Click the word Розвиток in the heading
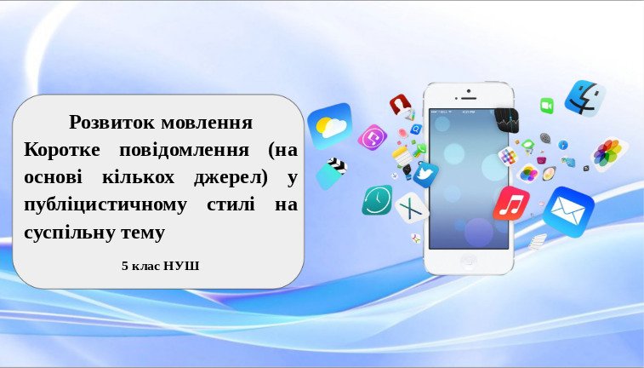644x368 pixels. coord(112,122)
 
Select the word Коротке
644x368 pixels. coord(62,150)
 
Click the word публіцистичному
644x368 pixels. coord(105,205)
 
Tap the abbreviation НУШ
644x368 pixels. coord(181,266)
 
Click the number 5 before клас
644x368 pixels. coord(125,266)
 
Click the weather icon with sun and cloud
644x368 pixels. coord(330,125)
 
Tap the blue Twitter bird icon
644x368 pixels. coord(425,175)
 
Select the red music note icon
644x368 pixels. coord(511,203)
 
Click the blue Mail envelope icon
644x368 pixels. coord(568,211)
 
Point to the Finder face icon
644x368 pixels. coord(584,98)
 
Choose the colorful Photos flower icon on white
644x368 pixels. coord(608,154)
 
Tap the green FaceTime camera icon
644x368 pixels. coord(547,106)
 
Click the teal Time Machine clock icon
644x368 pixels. coord(377,200)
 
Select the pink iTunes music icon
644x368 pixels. coord(373,137)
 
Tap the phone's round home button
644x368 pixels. coord(469,262)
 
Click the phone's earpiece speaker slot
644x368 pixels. coord(468,98)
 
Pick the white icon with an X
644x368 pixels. coord(412,208)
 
